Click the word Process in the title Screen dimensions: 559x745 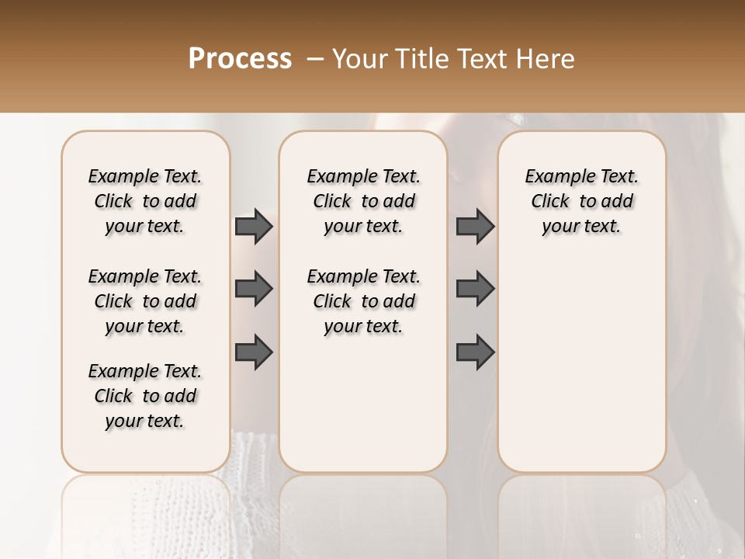(240, 59)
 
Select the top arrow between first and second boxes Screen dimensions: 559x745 (254, 226)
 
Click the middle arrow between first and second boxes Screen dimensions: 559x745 (254, 289)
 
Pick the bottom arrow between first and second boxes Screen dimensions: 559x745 (254, 352)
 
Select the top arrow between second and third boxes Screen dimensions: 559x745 (475, 226)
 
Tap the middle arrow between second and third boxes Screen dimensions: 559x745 (475, 289)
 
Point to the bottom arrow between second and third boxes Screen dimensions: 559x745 (475, 352)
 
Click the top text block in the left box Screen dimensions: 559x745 (145, 201)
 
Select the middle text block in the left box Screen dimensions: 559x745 (145, 301)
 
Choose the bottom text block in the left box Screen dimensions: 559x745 (145, 396)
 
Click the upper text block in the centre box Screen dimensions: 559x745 (363, 201)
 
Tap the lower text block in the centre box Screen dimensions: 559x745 (363, 301)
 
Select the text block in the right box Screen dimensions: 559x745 (581, 201)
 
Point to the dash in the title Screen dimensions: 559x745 (315, 59)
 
